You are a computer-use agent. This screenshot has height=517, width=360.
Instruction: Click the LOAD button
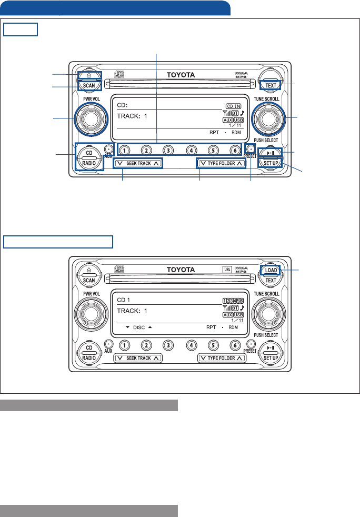pyautogui.click(x=271, y=270)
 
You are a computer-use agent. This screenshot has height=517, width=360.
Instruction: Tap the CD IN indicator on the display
pyautogui.click(x=235, y=106)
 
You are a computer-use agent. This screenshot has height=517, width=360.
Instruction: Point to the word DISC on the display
pyautogui.click(x=138, y=327)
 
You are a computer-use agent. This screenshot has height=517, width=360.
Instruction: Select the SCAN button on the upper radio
pyautogui.click(x=88, y=85)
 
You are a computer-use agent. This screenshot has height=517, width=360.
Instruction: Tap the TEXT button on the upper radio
pyautogui.click(x=271, y=85)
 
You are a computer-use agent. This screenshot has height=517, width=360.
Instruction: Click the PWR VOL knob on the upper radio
pyautogui.click(x=88, y=119)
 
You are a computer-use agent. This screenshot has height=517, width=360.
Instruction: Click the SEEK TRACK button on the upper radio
pyautogui.click(x=138, y=164)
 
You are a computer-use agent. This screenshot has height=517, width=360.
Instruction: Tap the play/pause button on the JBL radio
pyautogui.click(x=271, y=347)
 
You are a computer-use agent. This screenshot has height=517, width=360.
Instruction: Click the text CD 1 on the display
pyautogui.click(x=125, y=299)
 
